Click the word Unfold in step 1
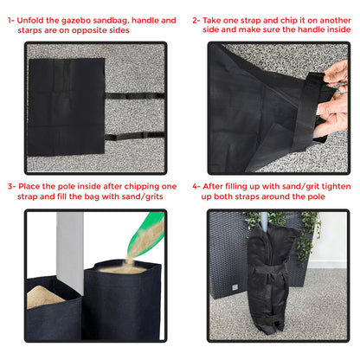coord(38,19)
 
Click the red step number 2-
coord(196,19)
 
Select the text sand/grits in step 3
coord(148,196)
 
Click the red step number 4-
coord(196,186)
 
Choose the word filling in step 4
coord(244,186)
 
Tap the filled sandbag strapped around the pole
coord(271,277)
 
